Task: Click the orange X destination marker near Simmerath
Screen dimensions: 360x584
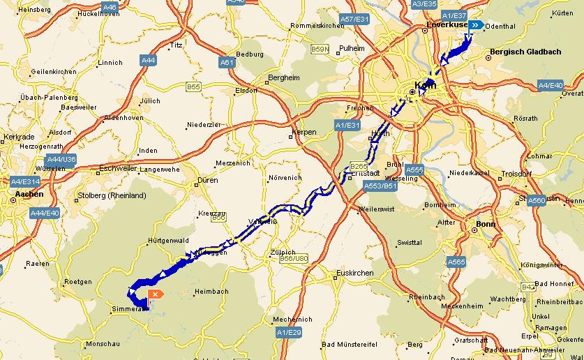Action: pyautogui.click(x=155, y=294)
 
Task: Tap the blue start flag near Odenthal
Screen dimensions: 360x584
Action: pyautogui.click(x=477, y=25)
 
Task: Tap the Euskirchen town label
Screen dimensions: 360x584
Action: pyautogui.click(x=355, y=273)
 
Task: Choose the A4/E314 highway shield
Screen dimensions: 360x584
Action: pyautogui.click(x=24, y=181)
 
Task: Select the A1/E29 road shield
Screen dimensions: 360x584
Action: pyautogui.click(x=288, y=333)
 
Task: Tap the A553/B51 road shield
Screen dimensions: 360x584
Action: pyautogui.click(x=380, y=186)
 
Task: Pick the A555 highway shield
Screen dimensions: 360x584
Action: pyautogui.click(x=414, y=170)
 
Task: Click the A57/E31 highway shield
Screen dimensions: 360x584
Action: pyautogui.click(x=354, y=19)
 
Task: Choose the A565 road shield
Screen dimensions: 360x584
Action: pyautogui.click(x=456, y=262)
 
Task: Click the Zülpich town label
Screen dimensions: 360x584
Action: pyautogui.click(x=283, y=253)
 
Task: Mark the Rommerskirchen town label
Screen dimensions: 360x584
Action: pyautogui.click(x=317, y=26)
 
